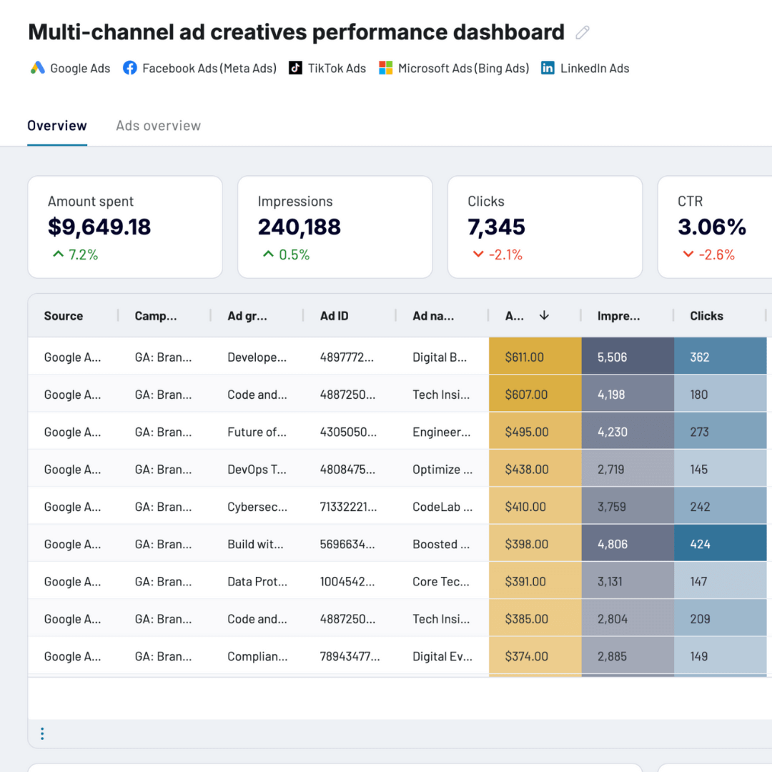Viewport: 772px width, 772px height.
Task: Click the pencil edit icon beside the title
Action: (583, 33)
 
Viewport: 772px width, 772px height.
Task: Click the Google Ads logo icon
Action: (38, 68)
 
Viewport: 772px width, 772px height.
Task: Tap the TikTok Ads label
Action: (337, 69)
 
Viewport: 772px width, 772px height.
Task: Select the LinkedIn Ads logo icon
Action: (548, 68)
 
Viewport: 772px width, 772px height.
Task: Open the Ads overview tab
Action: (158, 126)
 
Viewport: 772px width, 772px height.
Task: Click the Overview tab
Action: (57, 126)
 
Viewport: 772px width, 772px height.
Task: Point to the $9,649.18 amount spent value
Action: (99, 227)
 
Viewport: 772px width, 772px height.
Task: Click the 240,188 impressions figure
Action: (299, 227)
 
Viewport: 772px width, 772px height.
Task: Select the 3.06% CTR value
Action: (712, 227)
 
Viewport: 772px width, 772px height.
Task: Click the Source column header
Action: (64, 316)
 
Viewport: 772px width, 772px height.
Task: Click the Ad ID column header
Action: (334, 316)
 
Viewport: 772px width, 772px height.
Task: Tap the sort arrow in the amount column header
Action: (544, 315)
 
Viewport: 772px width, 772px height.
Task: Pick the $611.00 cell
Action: (524, 357)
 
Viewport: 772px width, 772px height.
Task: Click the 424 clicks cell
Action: (700, 544)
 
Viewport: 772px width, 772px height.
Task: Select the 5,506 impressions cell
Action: (612, 357)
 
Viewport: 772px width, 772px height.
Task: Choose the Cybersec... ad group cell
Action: (257, 507)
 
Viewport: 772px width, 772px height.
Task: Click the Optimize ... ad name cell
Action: (442, 470)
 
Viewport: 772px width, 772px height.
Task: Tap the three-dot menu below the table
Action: (42, 733)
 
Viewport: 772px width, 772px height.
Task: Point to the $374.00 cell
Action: (526, 656)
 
